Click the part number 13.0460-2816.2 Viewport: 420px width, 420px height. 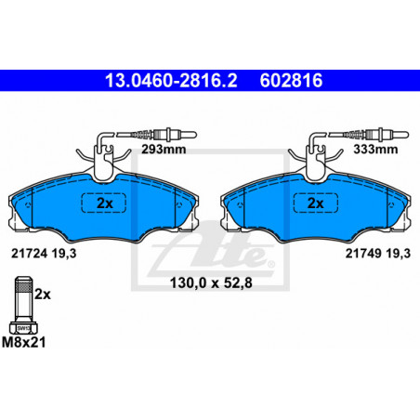point(171,81)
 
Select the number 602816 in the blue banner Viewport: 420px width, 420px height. point(291,81)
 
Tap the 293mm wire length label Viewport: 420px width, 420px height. point(164,150)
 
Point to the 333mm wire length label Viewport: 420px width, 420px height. point(375,150)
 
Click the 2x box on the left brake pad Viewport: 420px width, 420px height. point(104,203)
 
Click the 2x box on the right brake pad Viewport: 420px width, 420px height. point(316,203)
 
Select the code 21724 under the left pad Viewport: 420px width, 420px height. point(30,254)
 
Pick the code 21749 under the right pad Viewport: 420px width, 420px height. point(363,254)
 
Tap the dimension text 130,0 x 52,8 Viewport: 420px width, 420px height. point(211,283)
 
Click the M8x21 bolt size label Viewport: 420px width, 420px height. point(23,343)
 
